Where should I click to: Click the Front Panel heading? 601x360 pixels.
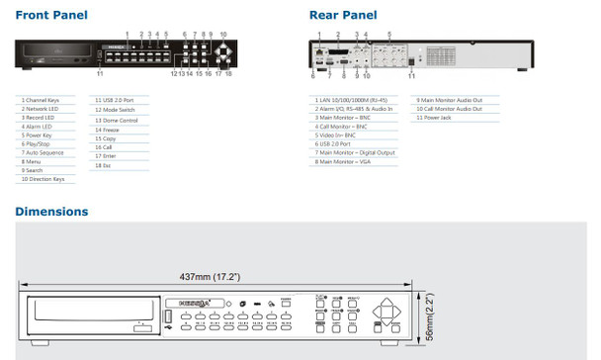[x=51, y=15]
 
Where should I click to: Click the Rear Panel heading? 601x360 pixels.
[x=342, y=15]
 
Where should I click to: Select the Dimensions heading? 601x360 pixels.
[x=51, y=212]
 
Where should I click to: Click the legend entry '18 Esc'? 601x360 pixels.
[x=102, y=163]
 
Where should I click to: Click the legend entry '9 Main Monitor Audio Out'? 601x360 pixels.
[x=450, y=100]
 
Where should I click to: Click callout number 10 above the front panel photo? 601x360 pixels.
[x=223, y=34]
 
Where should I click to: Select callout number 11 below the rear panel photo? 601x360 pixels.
[x=411, y=75]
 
